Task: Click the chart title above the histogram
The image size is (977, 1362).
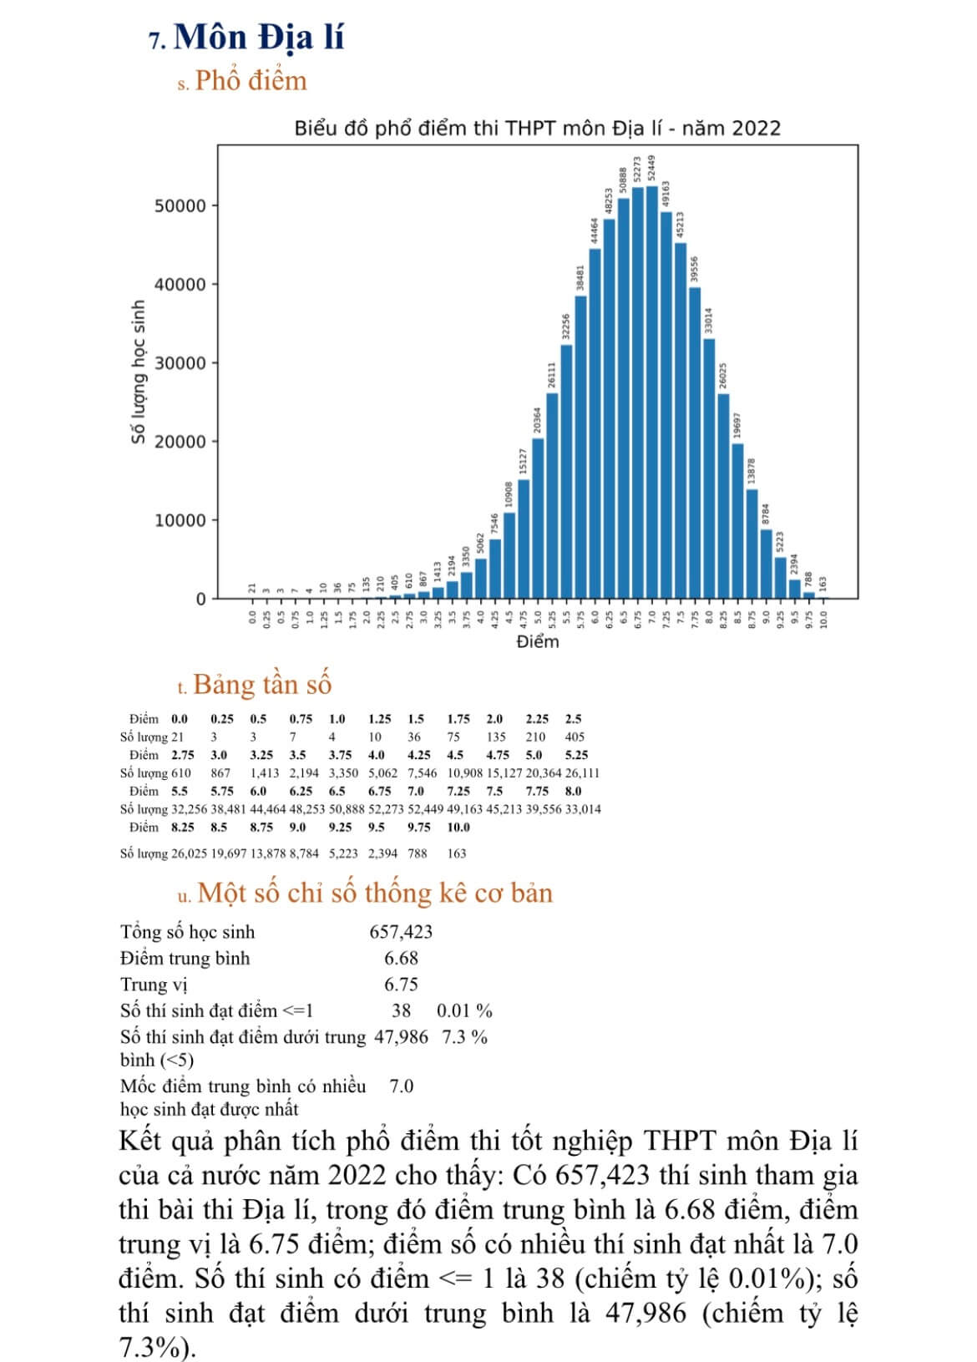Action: coord(537,129)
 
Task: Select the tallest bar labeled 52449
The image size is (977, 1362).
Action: coord(651,392)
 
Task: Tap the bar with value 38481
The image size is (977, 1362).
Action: coord(580,447)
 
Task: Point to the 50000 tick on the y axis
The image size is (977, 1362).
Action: coord(180,206)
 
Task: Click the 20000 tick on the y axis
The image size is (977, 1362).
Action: coord(180,442)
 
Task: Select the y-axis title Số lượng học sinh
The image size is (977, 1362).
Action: coord(139,372)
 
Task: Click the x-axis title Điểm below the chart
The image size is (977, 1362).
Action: coord(537,641)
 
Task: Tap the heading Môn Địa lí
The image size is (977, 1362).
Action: coord(259,38)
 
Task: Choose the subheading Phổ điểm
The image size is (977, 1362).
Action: coord(251,81)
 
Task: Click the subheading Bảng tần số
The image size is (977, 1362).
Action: coord(262,685)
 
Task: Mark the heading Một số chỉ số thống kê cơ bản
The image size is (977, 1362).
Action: coord(375,894)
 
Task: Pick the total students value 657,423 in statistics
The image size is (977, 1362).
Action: coord(401,932)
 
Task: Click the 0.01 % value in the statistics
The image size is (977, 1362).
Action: coord(464,1010)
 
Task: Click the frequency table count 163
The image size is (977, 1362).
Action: coord(457,853)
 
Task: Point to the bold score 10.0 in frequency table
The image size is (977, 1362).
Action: coord(458,828)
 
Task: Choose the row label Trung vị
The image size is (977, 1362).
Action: coord(154,985)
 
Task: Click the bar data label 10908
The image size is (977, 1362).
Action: coord(509,495)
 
